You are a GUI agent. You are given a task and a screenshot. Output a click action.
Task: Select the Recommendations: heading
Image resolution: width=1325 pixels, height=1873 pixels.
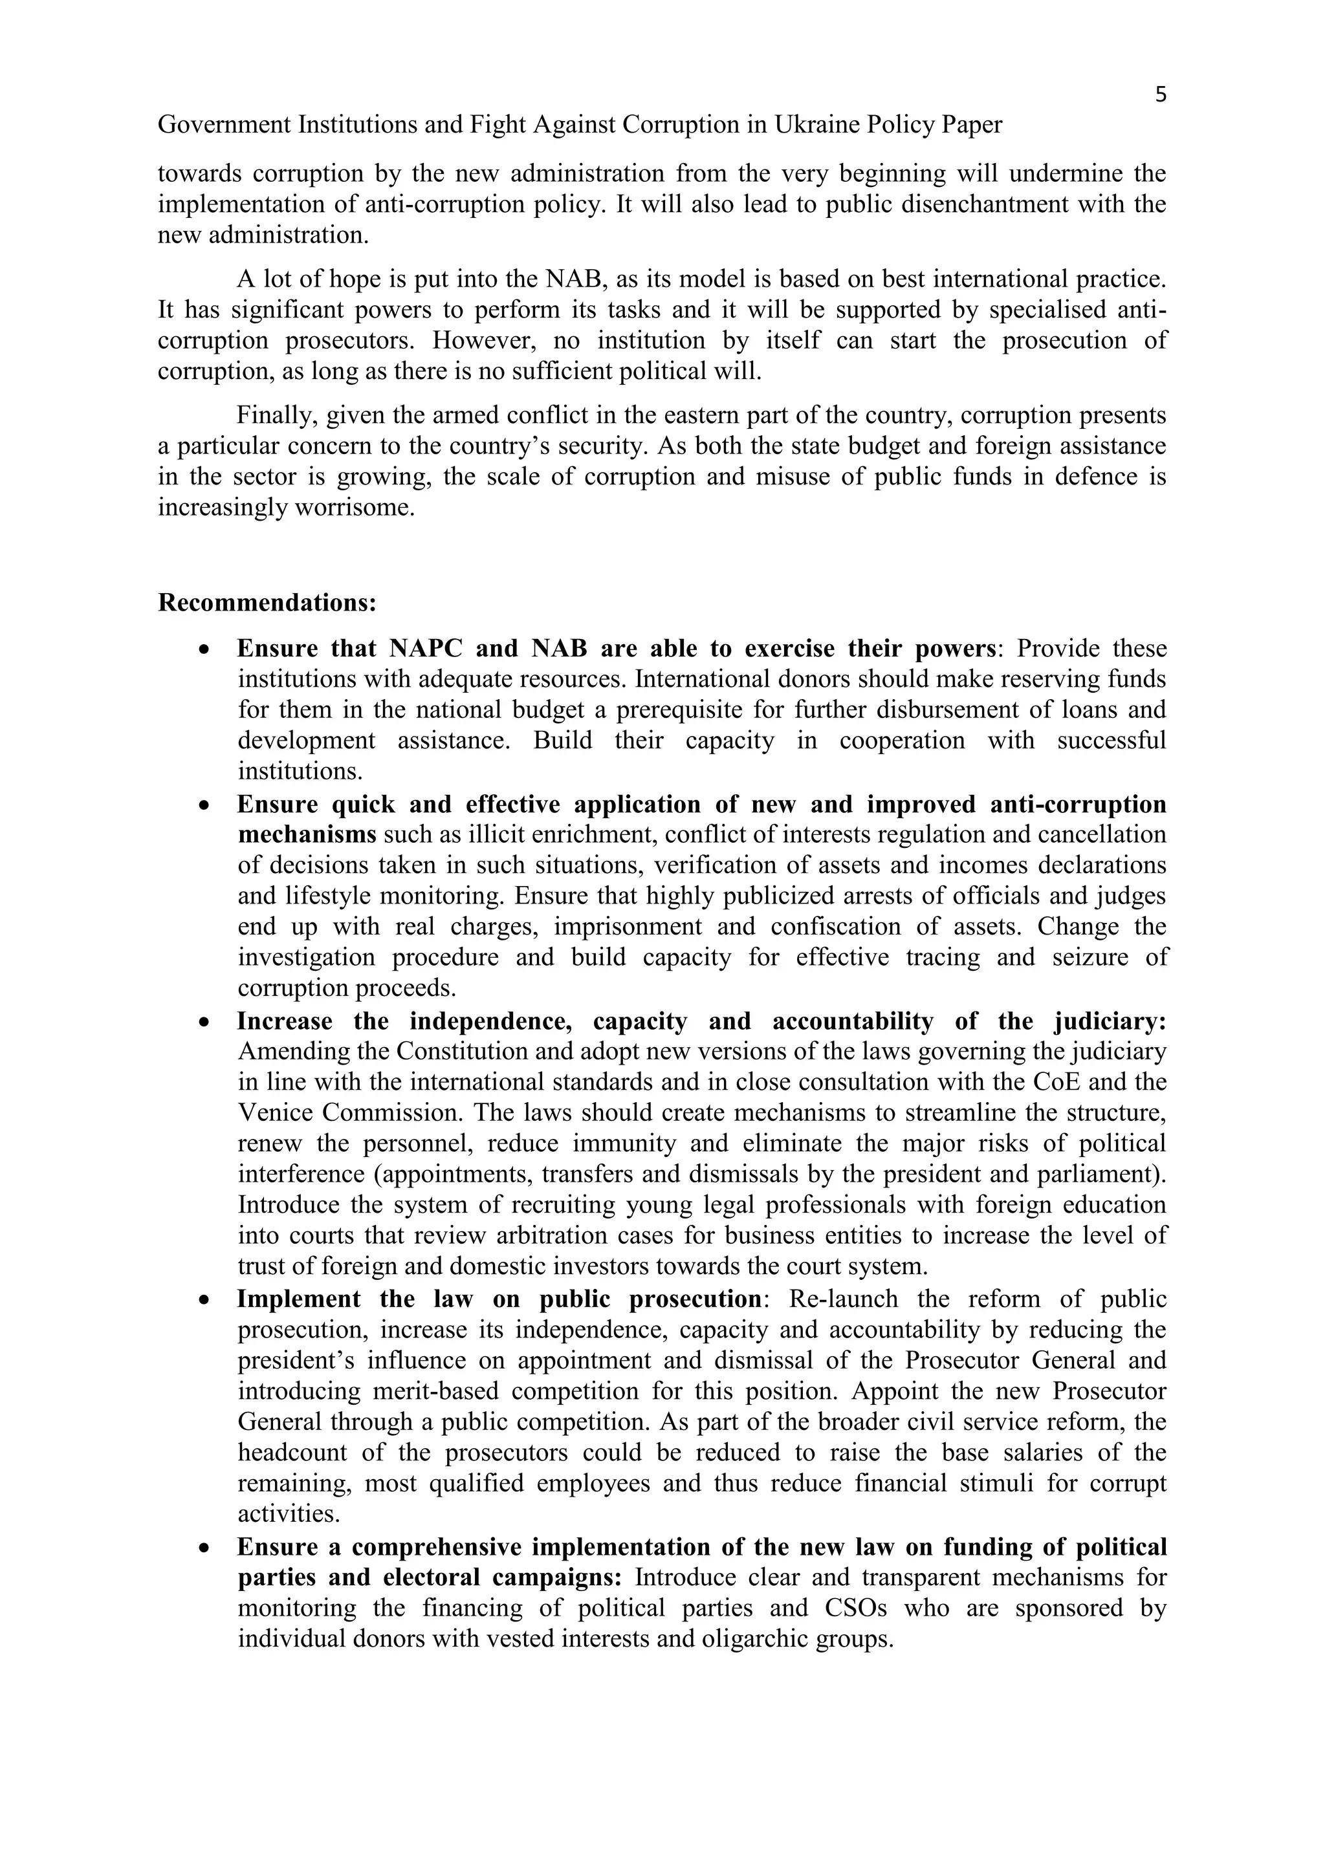(x=267, y=603)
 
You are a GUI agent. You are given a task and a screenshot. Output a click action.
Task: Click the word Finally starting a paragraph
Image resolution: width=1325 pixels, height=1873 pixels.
(x=278, y=416)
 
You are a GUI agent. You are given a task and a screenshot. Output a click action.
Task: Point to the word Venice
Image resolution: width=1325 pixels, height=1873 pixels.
(x=273, y=1112)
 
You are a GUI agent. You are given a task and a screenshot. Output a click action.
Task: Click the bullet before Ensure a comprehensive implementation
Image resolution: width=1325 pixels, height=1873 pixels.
(x=205, y=1548)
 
